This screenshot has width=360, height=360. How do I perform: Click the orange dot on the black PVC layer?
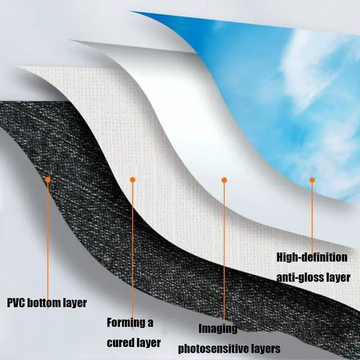[48, 179]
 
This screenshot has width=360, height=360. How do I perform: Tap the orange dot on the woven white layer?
[133, 179]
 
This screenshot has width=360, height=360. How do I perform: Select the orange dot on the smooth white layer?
[224, 180]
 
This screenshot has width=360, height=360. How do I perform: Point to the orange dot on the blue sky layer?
[312, 180]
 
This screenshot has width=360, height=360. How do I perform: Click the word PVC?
[17, 303]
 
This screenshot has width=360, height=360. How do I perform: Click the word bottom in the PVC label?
[48, 303]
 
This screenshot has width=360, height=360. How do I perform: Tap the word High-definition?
[312, 258]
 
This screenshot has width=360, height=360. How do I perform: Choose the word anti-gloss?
[303, 277]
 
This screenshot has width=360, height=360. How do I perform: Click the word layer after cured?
[149, 342]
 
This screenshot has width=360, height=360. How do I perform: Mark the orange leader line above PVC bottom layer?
[48, 236]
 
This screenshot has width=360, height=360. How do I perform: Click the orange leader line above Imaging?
[224, 253]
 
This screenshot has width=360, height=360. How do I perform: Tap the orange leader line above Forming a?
[133, 247]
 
